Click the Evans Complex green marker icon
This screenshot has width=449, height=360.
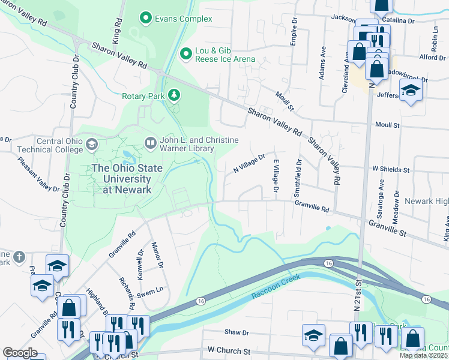tap(145, 19)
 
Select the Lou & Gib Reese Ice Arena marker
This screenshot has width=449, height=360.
tap(185, 55)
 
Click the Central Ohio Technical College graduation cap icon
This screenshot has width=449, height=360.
tap(91, 144)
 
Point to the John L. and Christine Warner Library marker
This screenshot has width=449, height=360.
tap(150, 143)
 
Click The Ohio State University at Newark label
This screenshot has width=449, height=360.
tap(127, 178)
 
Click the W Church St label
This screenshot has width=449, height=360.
tap(229, 350)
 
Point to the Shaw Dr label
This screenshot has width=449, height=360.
tap(236, 332)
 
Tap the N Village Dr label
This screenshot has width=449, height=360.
tap(249, 163)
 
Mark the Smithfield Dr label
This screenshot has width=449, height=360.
tap(297, 179)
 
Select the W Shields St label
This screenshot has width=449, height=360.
tap(390, 170)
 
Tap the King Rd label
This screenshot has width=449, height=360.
tap(118, 29)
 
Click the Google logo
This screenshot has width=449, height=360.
tap(20, 353)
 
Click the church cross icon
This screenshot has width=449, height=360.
tap(19, 256)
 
